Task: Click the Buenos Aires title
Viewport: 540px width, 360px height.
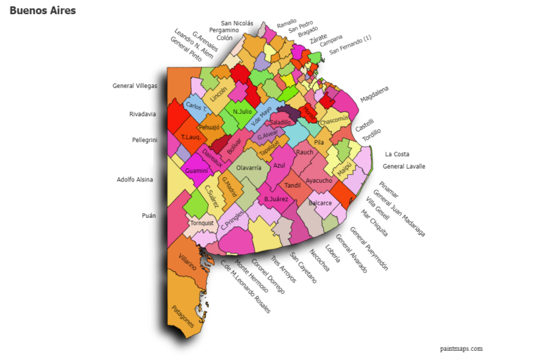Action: (x=42, y=11)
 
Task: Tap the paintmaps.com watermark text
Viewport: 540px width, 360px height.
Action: (x=461, y=348)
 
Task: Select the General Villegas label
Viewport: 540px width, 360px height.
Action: (x=134, y=86)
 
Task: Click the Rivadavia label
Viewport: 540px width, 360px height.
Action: (x=143, y=114)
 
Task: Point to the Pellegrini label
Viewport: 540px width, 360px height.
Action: (x=144, y=140)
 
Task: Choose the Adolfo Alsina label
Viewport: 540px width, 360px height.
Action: (x=136, y=179)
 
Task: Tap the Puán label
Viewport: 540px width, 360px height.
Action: (x=148, y=216)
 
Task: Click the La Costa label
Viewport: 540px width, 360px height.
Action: (x=397, y=154)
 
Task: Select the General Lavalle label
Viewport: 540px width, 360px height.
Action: (x=404, y=167)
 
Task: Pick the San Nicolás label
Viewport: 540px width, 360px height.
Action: (x=237, y=23)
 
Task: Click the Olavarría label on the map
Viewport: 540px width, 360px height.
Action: (x=248, y=168)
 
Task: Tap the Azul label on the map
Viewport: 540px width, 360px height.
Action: (x=279, y=166)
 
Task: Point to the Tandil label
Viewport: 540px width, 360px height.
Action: (x=292, y=185)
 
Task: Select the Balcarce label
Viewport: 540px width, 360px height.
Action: (x=320, y=203)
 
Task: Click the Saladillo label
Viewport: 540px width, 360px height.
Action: (x=280, y=122)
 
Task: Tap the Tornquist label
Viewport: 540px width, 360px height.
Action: (x=202, y=223)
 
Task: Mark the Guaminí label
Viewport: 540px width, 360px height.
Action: (x=197, y=171)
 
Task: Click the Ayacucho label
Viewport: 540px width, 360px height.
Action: (x=319, y=180)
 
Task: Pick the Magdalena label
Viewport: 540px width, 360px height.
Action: (x=374, y=94)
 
